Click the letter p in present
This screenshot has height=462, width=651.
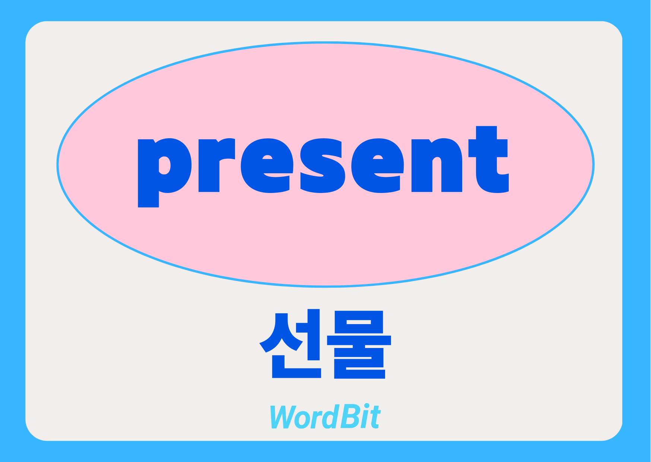point(164,173)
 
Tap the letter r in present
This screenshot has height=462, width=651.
point(216,165)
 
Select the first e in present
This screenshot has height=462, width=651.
point(267,165)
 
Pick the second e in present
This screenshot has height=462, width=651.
point(378,165)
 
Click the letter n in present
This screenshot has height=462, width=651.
point(437,165)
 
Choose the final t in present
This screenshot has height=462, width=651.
point(489,159)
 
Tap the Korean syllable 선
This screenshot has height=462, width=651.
point(290,344)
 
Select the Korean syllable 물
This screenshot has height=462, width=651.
point(359,345)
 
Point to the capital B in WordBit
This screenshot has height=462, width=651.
point(349,417)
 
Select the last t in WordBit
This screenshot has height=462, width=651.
point(375,418)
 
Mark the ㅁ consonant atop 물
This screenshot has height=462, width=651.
point(359,322)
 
